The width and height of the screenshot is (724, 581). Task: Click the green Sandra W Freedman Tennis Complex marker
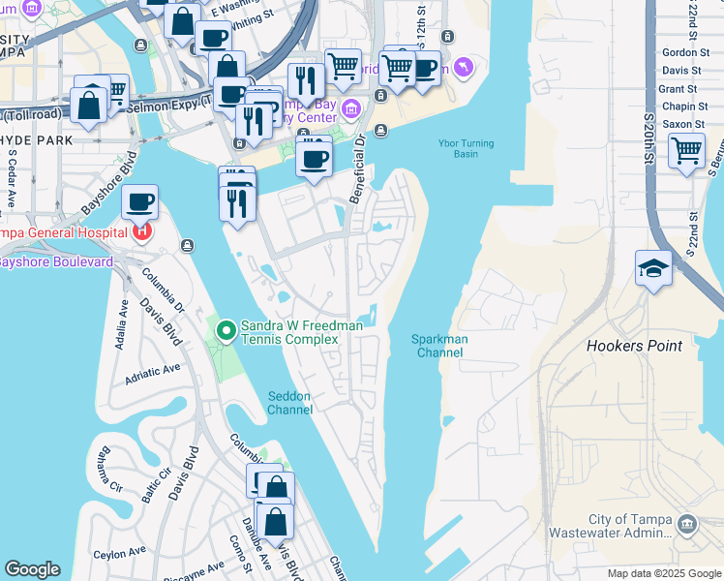tap(226, 332)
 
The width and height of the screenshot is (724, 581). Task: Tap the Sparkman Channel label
tap(438, 346)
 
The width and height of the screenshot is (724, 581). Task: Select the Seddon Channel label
tap(290, 403)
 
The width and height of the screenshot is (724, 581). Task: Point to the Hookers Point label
tap(634, 346)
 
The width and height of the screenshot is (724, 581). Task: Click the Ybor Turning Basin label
tap(466, 149)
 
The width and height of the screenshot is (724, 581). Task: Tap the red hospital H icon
tap(142, 230)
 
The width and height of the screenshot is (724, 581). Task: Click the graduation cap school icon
tap(653, 269)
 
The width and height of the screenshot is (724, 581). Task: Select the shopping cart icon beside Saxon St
tap(686, 151)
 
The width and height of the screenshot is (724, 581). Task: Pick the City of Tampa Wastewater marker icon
tap(686, 524)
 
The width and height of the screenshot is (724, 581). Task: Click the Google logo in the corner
tap(32, 569)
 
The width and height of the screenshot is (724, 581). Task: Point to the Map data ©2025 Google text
tap(664, 573)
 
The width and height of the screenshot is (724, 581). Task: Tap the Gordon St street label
tap(682, 53)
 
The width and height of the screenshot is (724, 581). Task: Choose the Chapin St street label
tap(682, 107)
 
